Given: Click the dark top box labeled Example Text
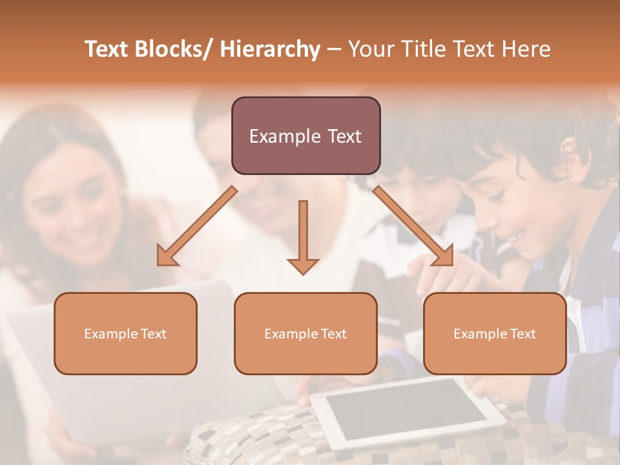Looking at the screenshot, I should [305, 136].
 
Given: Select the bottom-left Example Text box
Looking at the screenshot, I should [125, 333].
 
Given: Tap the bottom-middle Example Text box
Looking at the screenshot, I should [305, 333].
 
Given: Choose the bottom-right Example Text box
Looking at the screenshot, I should [495, 333].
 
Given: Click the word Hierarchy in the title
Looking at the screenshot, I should [270, 50].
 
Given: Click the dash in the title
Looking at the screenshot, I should [334, 50].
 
